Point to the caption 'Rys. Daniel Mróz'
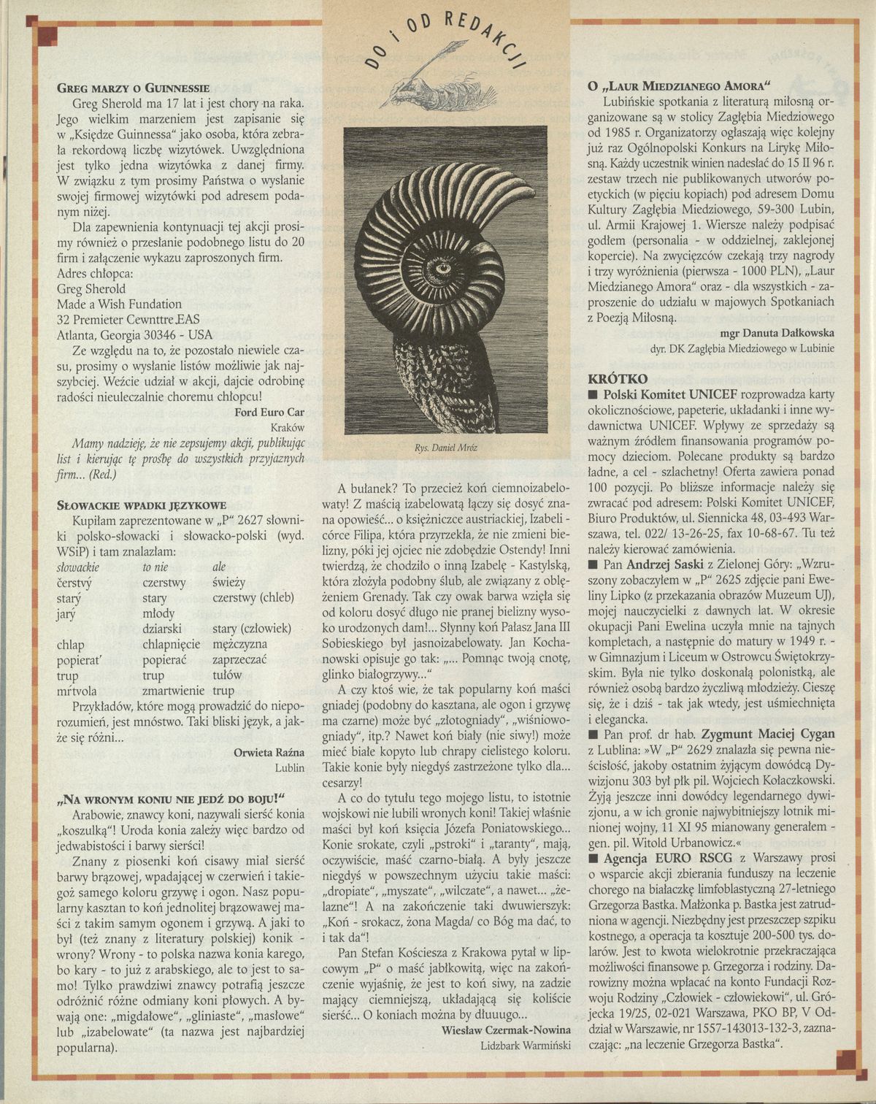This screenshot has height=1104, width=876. pos(445,447)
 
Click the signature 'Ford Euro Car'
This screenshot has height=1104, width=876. pos(269,412)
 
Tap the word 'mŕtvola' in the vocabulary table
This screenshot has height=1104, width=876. pos(77,690)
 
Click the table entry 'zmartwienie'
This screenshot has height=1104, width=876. pos(172,690)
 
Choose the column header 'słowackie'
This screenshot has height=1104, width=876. pos(78,567)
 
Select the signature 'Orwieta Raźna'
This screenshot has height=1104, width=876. pos(269,752)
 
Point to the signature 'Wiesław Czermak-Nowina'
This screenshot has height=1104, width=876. pos(506,1030)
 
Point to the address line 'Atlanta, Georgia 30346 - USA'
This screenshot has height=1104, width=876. pos(135,335)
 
